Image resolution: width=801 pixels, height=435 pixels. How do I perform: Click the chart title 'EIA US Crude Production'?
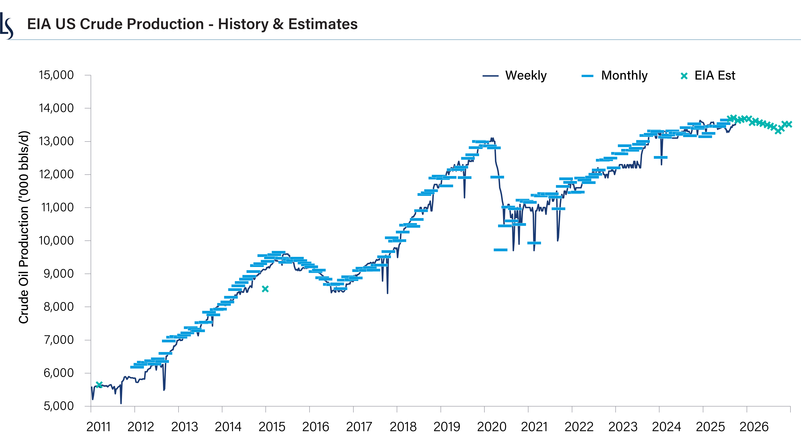[x=192, y=24]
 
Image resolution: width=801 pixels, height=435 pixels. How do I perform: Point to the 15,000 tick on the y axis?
[x=56, y=75]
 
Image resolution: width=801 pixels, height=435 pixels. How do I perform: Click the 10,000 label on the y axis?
[x=56, y=241]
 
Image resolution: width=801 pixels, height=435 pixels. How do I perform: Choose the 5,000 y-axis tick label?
[x=58, y=406]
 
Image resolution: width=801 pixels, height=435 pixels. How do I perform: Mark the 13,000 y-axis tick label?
[x=56, y=141]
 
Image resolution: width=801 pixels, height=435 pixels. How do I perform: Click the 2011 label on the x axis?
[x=98, y=427]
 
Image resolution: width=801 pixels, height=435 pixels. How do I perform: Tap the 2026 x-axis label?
[x=754, y=427]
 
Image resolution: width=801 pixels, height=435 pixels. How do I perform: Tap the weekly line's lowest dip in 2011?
[x=121, y=403]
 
